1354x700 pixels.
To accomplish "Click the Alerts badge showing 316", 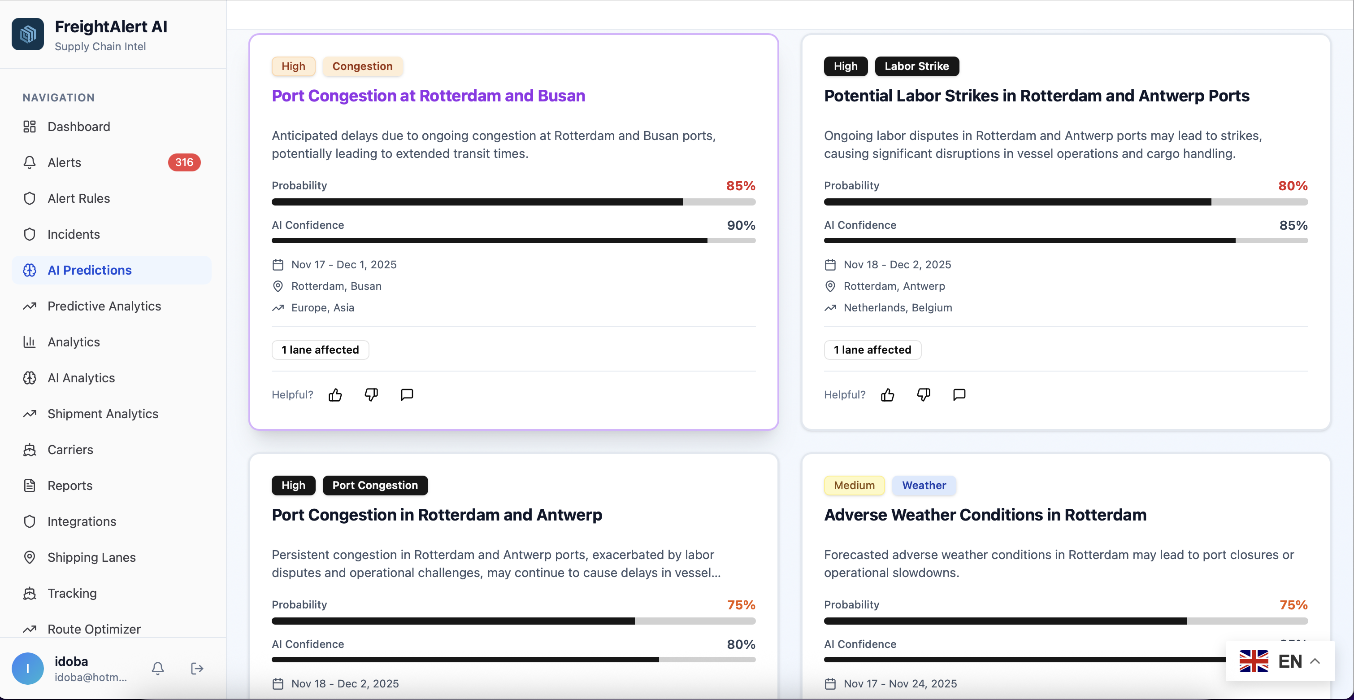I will pos(184,162).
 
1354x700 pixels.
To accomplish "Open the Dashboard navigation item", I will pos(79,127).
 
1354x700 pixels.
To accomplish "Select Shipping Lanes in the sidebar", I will pos(91,557).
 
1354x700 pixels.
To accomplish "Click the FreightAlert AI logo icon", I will pos(28,35).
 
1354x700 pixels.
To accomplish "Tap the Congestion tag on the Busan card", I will pos(362,66).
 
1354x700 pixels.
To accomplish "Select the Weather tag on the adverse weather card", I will pos(924,486).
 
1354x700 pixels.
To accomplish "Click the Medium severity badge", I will pos(854,486).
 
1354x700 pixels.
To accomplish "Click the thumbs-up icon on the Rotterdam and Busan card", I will pos(335,395).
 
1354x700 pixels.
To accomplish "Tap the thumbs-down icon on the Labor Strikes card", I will pos(924,395).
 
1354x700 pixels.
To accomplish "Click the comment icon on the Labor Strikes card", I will pos(959,395).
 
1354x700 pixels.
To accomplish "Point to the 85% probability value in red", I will pos(740,186).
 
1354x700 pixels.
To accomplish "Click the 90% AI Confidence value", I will pos(741,226).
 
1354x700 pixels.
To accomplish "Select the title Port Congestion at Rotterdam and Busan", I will pos(428,96).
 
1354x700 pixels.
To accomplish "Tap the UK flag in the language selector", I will pos(1254,661).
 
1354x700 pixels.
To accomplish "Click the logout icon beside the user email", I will pos(197,669).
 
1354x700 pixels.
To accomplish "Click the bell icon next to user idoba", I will pos(158,669).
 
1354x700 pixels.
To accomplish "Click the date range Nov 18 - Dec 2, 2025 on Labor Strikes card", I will pos(897,265).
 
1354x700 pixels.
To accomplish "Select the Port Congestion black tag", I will pos(375,486).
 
